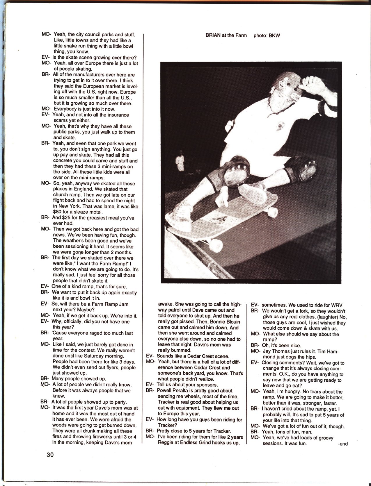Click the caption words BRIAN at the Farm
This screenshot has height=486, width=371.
[x=226, y=35]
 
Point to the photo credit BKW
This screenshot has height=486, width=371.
[x=275, y=35]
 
